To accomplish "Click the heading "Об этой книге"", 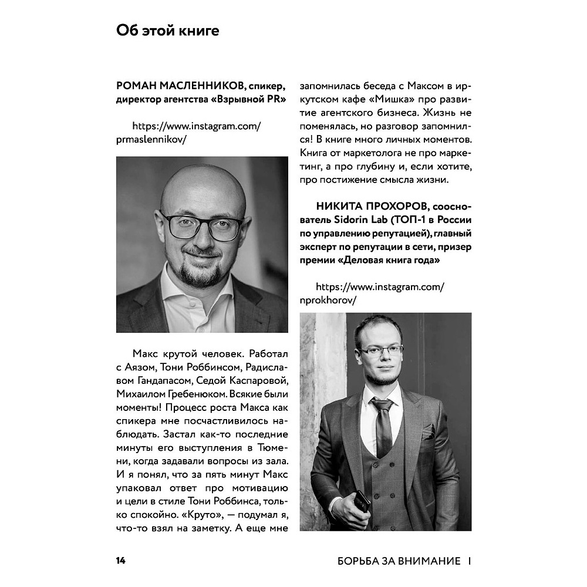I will pyautogui.click(x=167, y=31).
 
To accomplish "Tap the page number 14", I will pyautogui.click(x=120, y=561).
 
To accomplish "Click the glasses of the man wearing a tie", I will pyautogui.click(x=380, y=350).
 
